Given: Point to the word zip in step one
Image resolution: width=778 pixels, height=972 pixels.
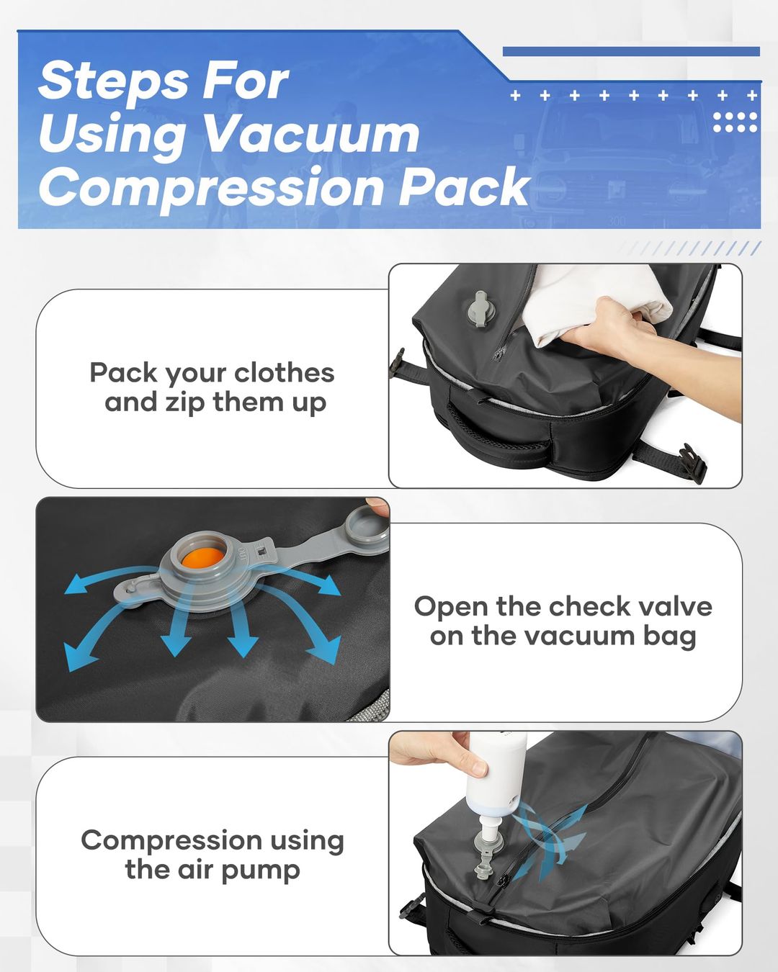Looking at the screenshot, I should point(187,402).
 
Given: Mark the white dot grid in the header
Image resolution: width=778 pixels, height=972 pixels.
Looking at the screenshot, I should point(735,122).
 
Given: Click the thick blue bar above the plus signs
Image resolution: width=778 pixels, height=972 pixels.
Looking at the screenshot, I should point(630,52).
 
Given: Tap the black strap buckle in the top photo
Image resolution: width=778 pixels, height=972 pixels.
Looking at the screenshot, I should point(692,461).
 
